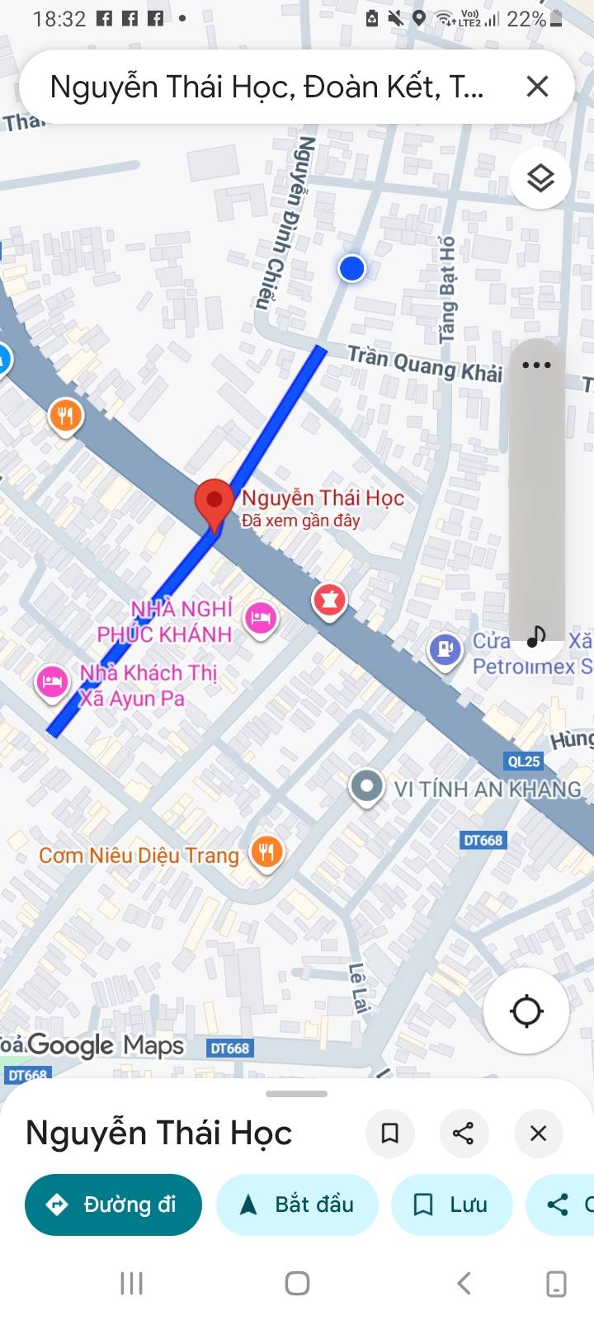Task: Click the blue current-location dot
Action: click(352, 268)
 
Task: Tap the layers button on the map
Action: click(540, 178)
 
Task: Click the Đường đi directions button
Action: click(114, 1204)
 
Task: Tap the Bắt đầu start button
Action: click(297, 1204)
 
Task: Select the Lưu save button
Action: click(451, 1204)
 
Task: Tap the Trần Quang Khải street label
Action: click(424, 364)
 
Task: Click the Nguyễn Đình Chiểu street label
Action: click(285, 221)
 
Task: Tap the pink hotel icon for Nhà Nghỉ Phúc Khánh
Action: click(261, 617)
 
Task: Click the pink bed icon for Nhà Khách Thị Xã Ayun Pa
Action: click(51, 682)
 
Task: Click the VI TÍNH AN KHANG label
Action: click(487, 789)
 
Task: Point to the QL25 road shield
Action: click(523, 761)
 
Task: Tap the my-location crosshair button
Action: click(526, 1011)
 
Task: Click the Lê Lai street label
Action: click(358, 988)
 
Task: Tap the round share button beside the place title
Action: click(464, 1133)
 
